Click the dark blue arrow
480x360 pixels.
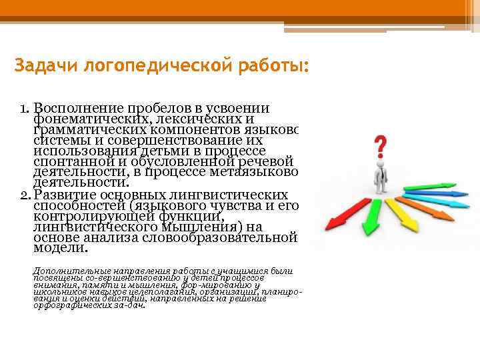pyautogui.click(x=440, y=193)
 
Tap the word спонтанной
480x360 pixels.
pyautogui.click(x=70, y=161)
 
